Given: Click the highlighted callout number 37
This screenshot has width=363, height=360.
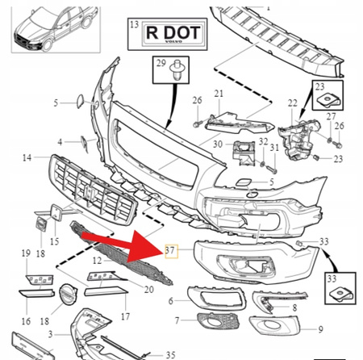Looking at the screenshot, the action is pyautogui.click(x=170, y=250).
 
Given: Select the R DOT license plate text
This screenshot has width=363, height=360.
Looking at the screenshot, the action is pyautogui.click(x=173, y=32).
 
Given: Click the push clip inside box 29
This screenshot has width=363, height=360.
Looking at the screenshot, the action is pyautogui.click(x=176, y=70).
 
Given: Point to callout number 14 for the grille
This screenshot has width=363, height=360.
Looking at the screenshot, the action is pyautogui.click(x=27, y=157).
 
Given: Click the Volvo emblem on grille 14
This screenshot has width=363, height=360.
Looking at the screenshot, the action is pyautogui.click(x=87, y=190).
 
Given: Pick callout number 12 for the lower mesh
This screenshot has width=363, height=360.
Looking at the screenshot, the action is pyautogui.click(x=97, y=260).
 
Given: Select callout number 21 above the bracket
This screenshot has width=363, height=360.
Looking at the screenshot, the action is pyautogui.click(x=219, y=94).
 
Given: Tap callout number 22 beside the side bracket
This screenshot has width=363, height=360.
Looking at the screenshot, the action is pyautogui.click(x=293, y=103).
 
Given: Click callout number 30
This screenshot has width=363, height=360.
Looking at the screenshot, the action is pyautogui.click(x=218, y=144).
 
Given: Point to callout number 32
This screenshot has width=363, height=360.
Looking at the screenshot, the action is pyautogui.click(x=264, y=141).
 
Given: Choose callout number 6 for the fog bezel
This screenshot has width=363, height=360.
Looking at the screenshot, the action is pyautogui.click(x=171, y=301).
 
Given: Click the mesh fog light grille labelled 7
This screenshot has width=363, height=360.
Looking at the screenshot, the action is pyautogui.click(x=219, y=321).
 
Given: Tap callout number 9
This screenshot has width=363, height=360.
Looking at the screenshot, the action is pyautogui.click(x=320, y=329).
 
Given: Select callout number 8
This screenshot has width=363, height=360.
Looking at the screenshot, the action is pyautogui.click(x=294, y=308).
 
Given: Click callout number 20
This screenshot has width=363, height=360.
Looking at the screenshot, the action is pyautogui.click(x=149, y=290).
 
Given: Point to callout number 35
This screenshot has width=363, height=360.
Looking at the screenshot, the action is pyautogui.click(x=170, y=355).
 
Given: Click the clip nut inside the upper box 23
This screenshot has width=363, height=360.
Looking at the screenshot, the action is pyautogui.click(x=328, y=101).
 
